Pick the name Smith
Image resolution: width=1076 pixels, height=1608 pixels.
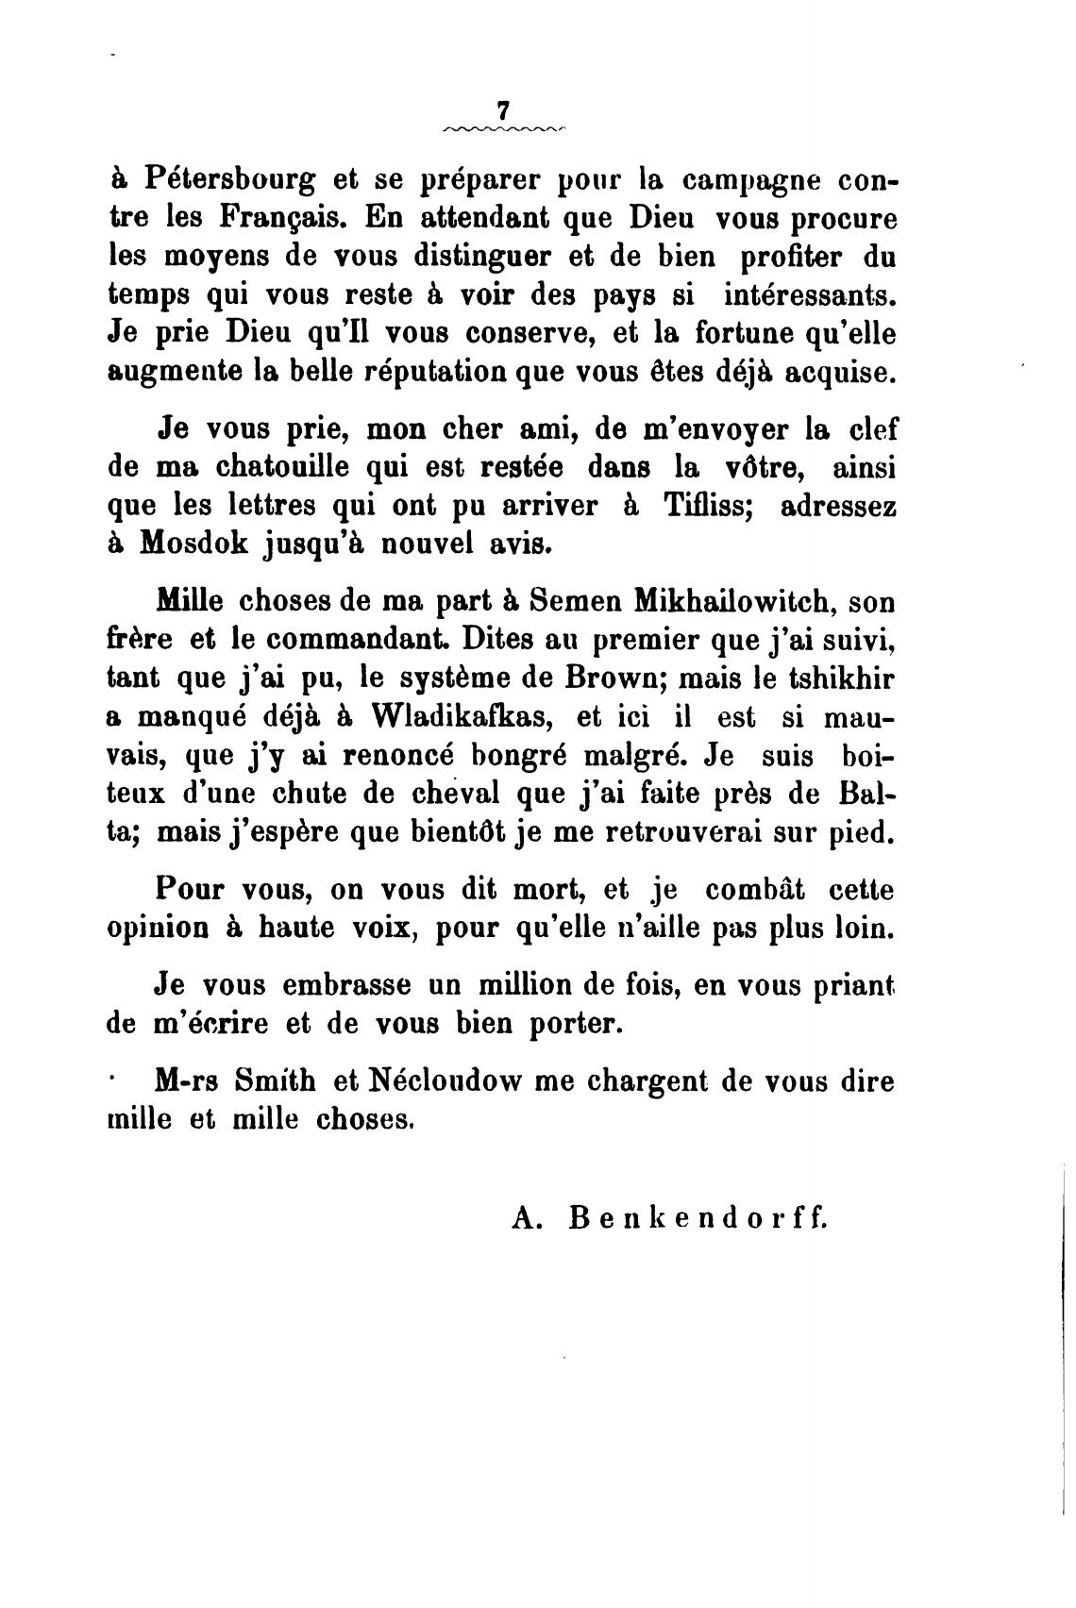click(x=268, y=1081)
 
